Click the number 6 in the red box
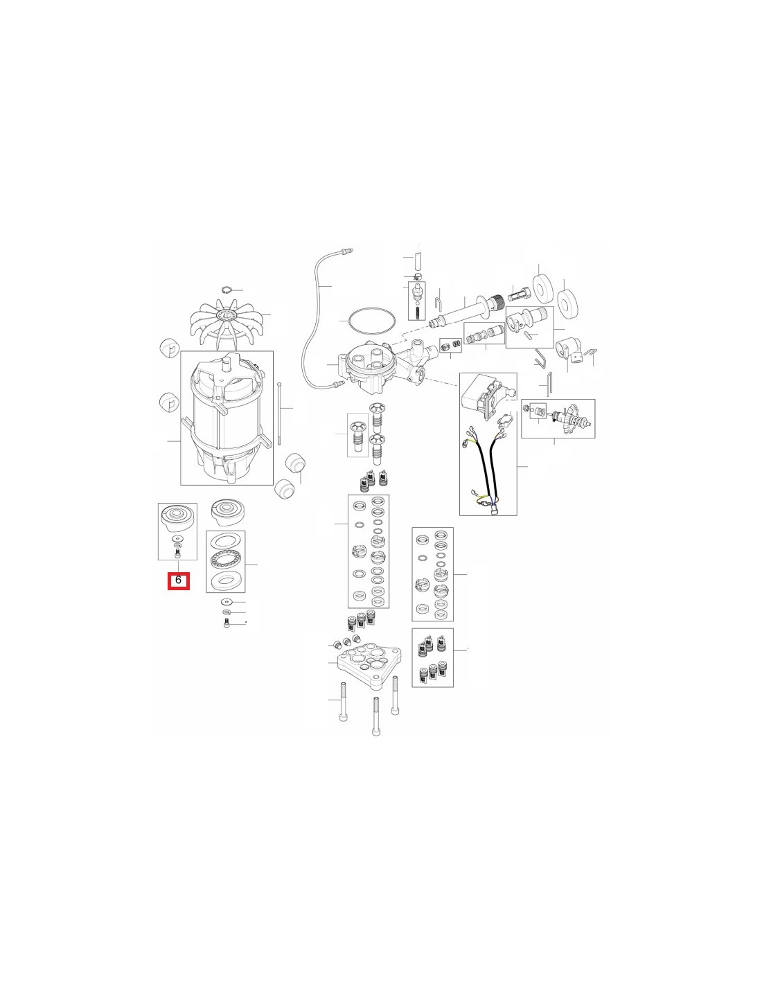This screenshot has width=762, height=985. pyautogui.click(x=178, y=580)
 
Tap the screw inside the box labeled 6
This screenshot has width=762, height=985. pyautogui.click(x=177, y=552)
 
